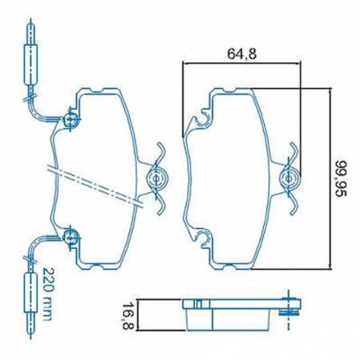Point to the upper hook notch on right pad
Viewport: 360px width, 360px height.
pos(201,121)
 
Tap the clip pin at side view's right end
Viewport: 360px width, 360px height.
pos(288,308)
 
